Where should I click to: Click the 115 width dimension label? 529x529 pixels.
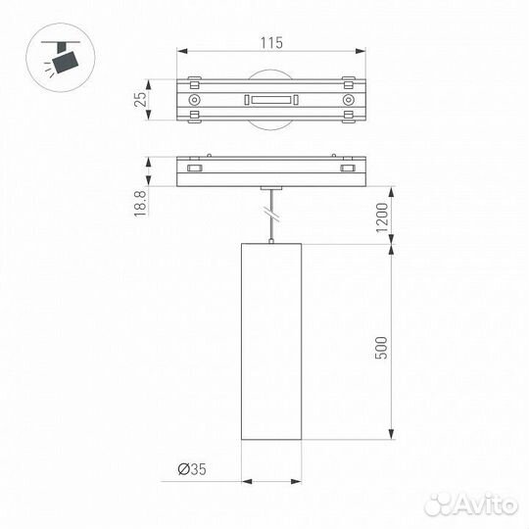271,43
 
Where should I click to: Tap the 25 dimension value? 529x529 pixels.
141,100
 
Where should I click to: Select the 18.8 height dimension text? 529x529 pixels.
140,204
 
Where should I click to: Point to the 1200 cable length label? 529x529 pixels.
382,217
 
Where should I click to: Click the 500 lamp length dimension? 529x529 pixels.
382,348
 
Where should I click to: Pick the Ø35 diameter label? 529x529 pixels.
192,469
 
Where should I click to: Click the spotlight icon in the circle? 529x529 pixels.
61,58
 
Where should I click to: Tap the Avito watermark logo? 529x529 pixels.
471,505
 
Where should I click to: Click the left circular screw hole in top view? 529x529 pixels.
194,100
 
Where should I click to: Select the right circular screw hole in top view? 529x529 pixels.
348,100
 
